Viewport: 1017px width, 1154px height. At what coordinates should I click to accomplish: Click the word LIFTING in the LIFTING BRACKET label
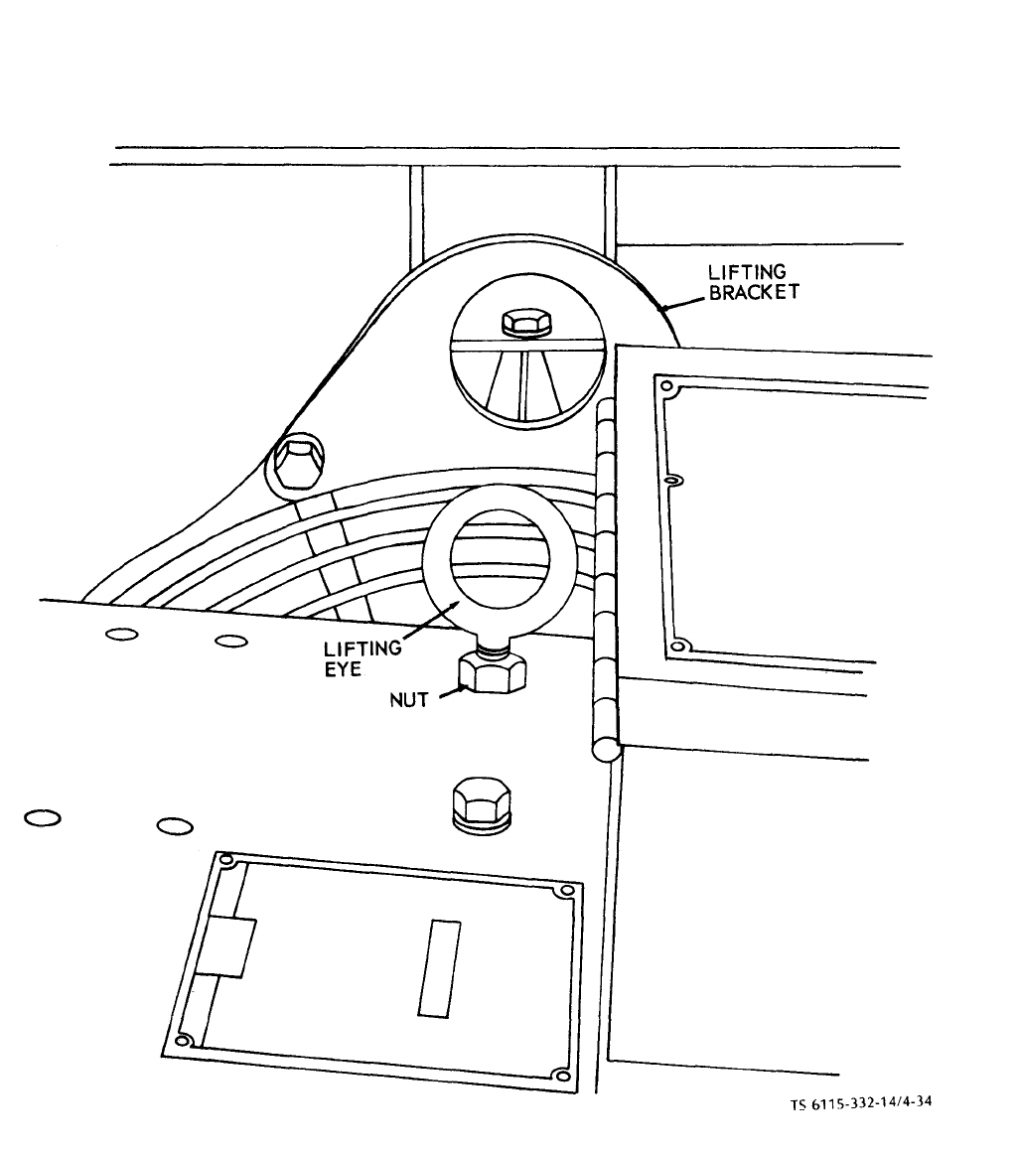[x=747, y=271]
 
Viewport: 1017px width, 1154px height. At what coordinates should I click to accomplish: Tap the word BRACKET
[x=754, y=292]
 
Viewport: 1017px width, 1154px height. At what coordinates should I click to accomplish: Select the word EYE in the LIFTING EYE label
[x=343, y=669]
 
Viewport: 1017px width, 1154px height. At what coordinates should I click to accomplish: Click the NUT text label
[x=408, y=700]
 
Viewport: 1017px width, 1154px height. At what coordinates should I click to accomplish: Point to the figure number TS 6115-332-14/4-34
[x=861, y=1103]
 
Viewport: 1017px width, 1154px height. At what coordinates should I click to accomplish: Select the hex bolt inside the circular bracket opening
[x=526, y=323]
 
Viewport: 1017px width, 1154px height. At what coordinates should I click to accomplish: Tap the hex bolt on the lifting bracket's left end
[x=297, y=462]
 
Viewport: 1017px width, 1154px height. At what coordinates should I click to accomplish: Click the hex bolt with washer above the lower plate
[x=482, y=805]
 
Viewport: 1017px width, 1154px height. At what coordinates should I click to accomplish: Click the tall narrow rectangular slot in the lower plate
[x=440, y=968]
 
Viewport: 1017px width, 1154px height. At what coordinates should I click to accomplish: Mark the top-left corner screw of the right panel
[x=666, y=385]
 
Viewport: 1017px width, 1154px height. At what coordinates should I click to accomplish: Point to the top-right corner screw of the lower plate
[x=567, y=891]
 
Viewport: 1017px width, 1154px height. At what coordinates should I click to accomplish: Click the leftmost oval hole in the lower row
[x=43, y=817]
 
